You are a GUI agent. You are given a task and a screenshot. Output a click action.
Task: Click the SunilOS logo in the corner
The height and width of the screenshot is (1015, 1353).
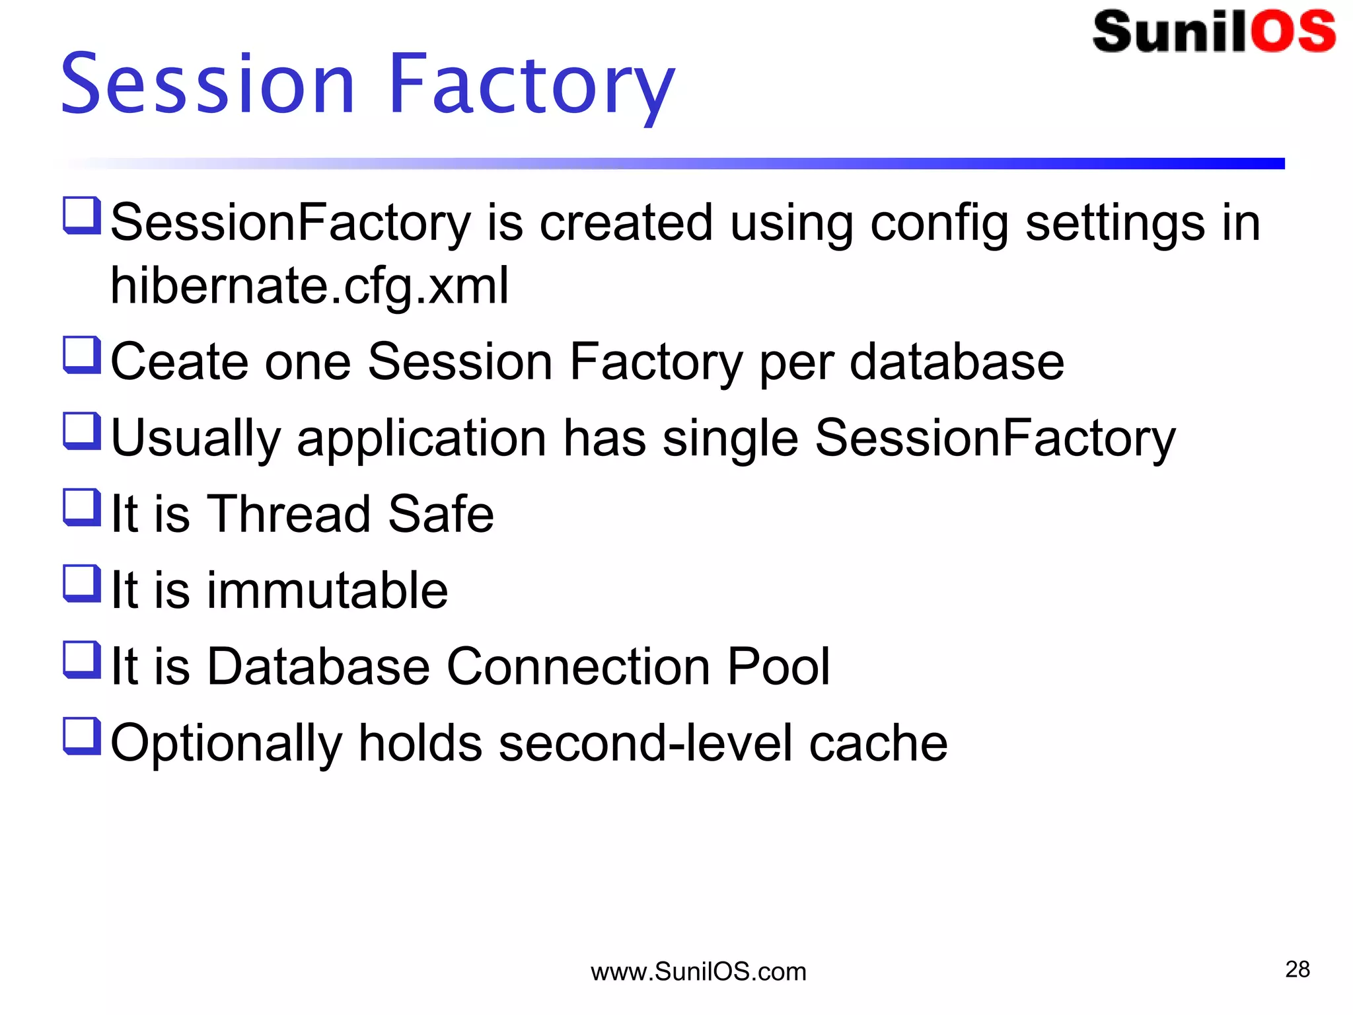(1214, 32)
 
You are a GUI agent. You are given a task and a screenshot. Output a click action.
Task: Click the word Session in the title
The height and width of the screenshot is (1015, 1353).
(208, 84)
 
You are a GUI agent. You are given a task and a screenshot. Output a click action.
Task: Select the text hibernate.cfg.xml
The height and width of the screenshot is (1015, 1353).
(309, 285)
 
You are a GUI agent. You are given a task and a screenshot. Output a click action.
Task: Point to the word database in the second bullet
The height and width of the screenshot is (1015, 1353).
(956, 362)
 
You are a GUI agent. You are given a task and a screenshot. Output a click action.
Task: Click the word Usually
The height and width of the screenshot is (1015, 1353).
(196, 438)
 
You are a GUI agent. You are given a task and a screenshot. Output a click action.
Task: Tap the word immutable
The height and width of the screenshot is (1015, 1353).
(327, 590)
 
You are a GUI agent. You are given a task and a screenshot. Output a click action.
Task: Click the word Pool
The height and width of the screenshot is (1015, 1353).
(778, 666)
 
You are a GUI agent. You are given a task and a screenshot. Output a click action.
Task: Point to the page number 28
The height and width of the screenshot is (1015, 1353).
(1297, 969)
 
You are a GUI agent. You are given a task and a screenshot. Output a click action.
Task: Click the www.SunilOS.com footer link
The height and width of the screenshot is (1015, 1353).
(698, 972)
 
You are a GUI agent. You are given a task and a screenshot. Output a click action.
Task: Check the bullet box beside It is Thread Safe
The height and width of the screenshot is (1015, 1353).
(82, 507)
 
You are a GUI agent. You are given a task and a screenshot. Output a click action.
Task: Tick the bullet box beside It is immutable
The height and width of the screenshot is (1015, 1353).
(82, 583)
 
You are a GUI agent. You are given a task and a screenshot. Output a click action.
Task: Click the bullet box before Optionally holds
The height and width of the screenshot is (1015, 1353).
(82, 735)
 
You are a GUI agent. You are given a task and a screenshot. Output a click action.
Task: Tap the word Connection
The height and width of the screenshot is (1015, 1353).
(578, 666)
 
